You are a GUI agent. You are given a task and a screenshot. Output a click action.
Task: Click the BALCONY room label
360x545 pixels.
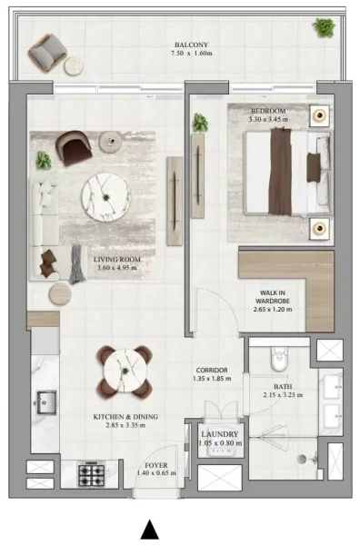[192, 44]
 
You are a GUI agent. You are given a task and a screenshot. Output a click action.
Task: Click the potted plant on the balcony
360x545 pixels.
[324, 27]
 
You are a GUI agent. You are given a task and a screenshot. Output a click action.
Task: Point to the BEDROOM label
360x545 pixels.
[269, 111]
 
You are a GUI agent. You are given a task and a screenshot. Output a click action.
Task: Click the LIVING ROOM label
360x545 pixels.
[115, 259]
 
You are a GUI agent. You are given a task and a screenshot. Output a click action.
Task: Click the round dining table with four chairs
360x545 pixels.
[123, 370]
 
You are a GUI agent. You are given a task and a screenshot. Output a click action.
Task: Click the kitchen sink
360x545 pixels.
[45, 401]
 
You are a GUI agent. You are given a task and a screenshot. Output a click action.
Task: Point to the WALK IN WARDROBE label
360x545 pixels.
[273, 298]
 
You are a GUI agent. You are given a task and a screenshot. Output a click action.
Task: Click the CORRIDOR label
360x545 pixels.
[211, 371]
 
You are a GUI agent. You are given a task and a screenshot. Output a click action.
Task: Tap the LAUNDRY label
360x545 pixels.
[220, 434]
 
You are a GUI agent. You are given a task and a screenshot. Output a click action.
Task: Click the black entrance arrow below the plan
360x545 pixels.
[150, 530]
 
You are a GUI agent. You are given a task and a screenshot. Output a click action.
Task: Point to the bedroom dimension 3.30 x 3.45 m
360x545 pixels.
[269, 120]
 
